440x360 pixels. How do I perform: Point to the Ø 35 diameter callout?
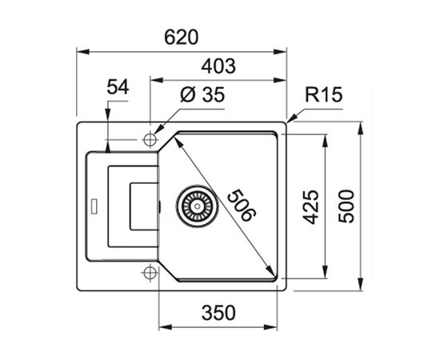pos(202,95)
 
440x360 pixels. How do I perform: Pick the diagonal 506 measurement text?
pos(241,204)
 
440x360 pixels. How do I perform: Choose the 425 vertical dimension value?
pos(310,206)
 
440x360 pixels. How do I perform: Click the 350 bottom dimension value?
pos(218,313)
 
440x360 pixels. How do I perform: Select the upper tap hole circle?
pos(149,139)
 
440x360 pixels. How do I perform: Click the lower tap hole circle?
pos(149,274)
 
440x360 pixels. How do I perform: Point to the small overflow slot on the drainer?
pos(94,206)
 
